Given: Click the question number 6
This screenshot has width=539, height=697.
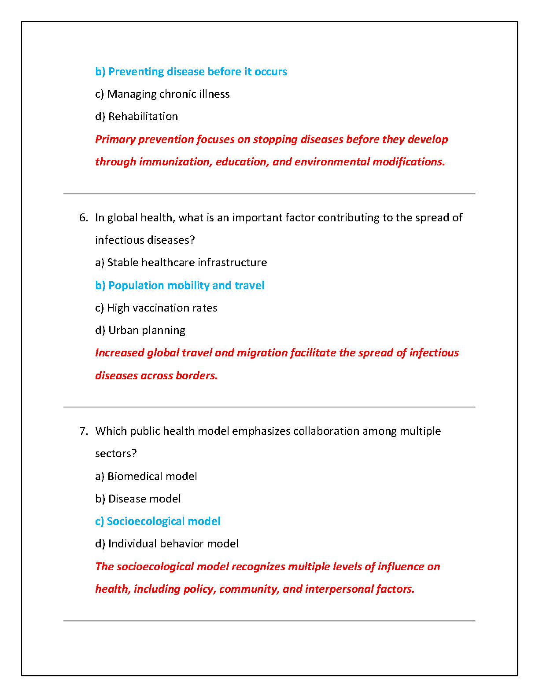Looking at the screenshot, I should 84,218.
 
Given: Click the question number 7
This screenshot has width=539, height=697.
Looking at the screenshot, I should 84,431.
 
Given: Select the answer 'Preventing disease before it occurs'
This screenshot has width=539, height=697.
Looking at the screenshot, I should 191,72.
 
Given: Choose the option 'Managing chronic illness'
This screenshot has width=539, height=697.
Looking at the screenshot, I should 162,94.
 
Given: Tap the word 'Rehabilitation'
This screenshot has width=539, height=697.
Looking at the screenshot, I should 143,117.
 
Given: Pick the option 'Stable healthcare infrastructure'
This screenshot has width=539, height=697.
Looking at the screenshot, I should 181,263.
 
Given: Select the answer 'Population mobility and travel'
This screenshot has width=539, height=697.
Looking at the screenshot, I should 180,286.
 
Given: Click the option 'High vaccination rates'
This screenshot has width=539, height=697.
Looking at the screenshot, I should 156,308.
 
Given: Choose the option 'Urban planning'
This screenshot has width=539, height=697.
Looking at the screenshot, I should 140,330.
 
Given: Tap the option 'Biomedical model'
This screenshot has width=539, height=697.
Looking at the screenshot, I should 146,477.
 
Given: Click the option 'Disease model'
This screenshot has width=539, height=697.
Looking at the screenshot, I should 138,499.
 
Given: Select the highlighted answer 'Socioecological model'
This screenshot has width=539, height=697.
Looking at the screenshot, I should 158,521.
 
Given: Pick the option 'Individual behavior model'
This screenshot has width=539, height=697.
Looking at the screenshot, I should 167,544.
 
